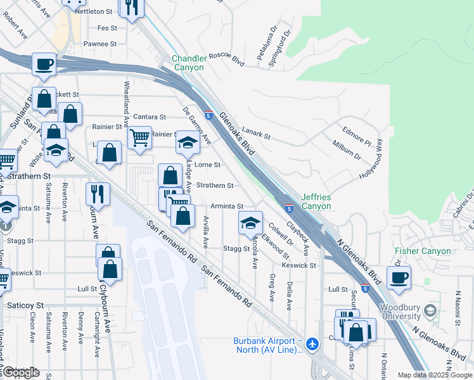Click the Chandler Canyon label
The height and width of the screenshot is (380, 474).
pos(189,63)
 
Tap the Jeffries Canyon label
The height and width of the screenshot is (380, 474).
pos(316,201)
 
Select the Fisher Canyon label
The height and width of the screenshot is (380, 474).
pos(423,251)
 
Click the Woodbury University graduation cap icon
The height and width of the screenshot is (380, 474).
pos(431,310)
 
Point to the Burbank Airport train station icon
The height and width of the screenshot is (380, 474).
pos(312,344)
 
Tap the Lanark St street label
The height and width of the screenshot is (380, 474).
pos(256,136)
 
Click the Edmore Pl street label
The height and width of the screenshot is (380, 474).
pos(357,135)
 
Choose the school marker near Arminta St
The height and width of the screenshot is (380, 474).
pos(250,222)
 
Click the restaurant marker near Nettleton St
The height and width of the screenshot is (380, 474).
pos(131,7)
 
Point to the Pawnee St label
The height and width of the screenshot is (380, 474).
pos(100,44)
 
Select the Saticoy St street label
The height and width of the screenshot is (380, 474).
pos(25,305)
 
